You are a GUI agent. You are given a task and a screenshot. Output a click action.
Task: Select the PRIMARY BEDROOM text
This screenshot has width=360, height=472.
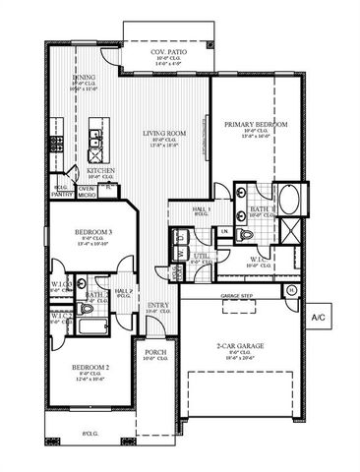[255, 125]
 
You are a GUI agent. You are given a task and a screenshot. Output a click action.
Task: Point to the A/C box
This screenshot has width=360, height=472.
[320, 318]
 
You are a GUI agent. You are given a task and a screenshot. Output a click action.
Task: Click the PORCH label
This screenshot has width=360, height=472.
[154, 352]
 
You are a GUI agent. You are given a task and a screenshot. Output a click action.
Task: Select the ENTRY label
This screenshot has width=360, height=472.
[158, 306]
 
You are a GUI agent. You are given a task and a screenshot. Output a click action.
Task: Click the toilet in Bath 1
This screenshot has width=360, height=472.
[245, 234]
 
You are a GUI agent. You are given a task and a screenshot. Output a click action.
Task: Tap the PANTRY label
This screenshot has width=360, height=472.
[62, 195]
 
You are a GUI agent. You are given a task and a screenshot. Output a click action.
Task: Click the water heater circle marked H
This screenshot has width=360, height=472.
[292, 290]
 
